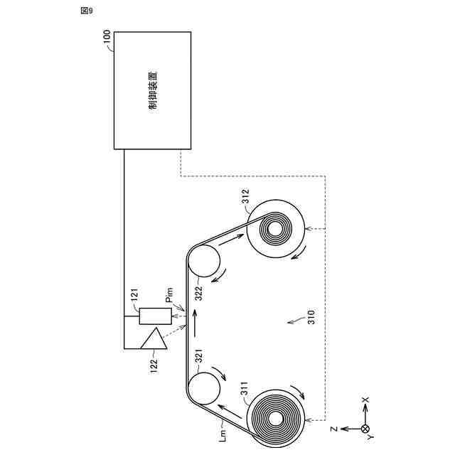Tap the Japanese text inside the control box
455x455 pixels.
coord(152,90)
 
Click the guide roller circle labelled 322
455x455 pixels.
coord(204,261)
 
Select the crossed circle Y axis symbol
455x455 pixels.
coord(365,429)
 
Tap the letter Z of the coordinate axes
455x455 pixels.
coord(333,429)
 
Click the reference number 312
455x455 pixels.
coord(245,197)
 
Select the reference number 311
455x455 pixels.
coord(243,389)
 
